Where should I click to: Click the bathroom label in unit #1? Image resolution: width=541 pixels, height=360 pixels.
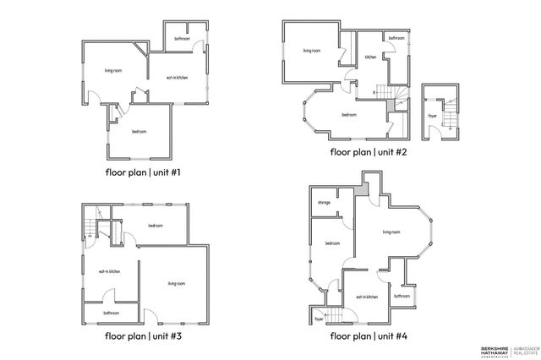coord(182,39)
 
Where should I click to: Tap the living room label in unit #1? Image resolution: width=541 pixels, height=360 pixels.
coord(115,70)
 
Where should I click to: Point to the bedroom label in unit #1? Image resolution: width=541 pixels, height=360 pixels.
coord(139,131)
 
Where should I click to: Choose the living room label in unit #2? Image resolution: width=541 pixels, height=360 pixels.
coord(311,50)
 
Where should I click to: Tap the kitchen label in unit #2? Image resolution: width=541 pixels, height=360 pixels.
coord(370,57)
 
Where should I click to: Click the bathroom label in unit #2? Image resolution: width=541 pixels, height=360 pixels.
coord(396,39)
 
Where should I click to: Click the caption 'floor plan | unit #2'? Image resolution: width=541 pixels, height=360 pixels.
coord(369,153)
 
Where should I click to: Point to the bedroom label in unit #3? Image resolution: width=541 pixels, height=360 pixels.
coord(156,225)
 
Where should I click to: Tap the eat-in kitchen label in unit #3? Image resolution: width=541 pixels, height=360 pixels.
coord(109,271)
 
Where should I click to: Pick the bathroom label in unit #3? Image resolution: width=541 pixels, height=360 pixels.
coord(111,313)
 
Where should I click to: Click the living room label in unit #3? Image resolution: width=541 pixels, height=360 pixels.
coord(176,283)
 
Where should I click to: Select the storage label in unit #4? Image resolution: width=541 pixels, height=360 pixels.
coord(324,203)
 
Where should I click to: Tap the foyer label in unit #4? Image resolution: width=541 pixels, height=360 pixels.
coord(320,319)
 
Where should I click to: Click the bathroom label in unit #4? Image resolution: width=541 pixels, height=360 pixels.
coord(402,296)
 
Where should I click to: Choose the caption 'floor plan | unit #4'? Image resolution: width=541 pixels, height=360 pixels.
coord(369,335)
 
